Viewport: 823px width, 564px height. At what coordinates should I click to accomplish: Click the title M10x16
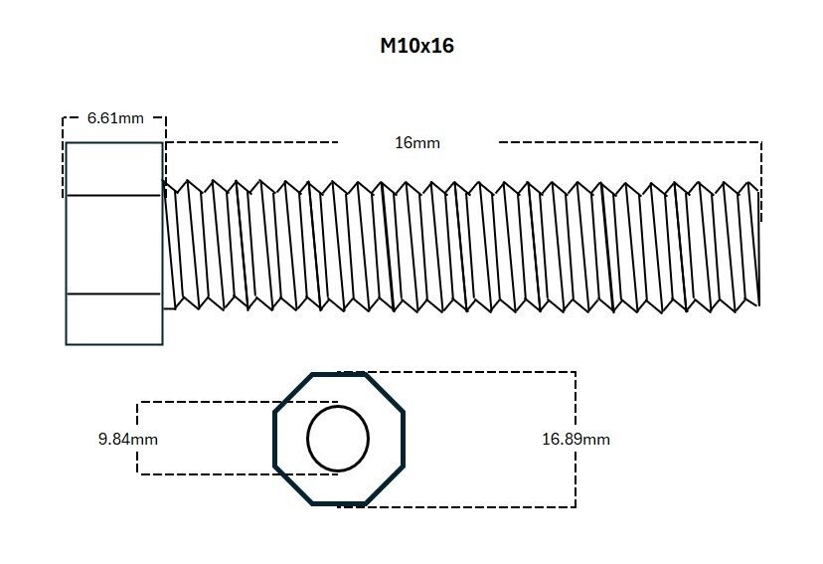tap(417, 46)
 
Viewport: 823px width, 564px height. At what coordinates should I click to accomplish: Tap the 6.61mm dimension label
tap(115, 118)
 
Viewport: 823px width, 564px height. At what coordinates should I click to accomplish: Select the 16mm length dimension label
tap(417, 142)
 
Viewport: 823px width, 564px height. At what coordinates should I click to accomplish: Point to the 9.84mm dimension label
tap(128, 439)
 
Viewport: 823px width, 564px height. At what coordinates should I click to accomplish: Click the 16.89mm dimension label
tap(576, 439)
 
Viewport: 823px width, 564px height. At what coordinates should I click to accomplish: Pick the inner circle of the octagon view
tap(338, 439)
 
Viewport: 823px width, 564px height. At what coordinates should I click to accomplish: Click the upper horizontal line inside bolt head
tap(113, 196)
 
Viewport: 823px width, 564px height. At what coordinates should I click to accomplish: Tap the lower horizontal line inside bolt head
tap(113, 294)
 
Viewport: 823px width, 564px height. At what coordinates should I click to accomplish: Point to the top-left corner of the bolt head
tap(67, 143)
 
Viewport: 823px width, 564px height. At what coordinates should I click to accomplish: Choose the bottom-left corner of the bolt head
tap(67, 344)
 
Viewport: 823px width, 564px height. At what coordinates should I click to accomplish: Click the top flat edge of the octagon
tap(338, 374)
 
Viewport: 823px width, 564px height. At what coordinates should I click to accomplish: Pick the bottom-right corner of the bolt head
tap(162, 344)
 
